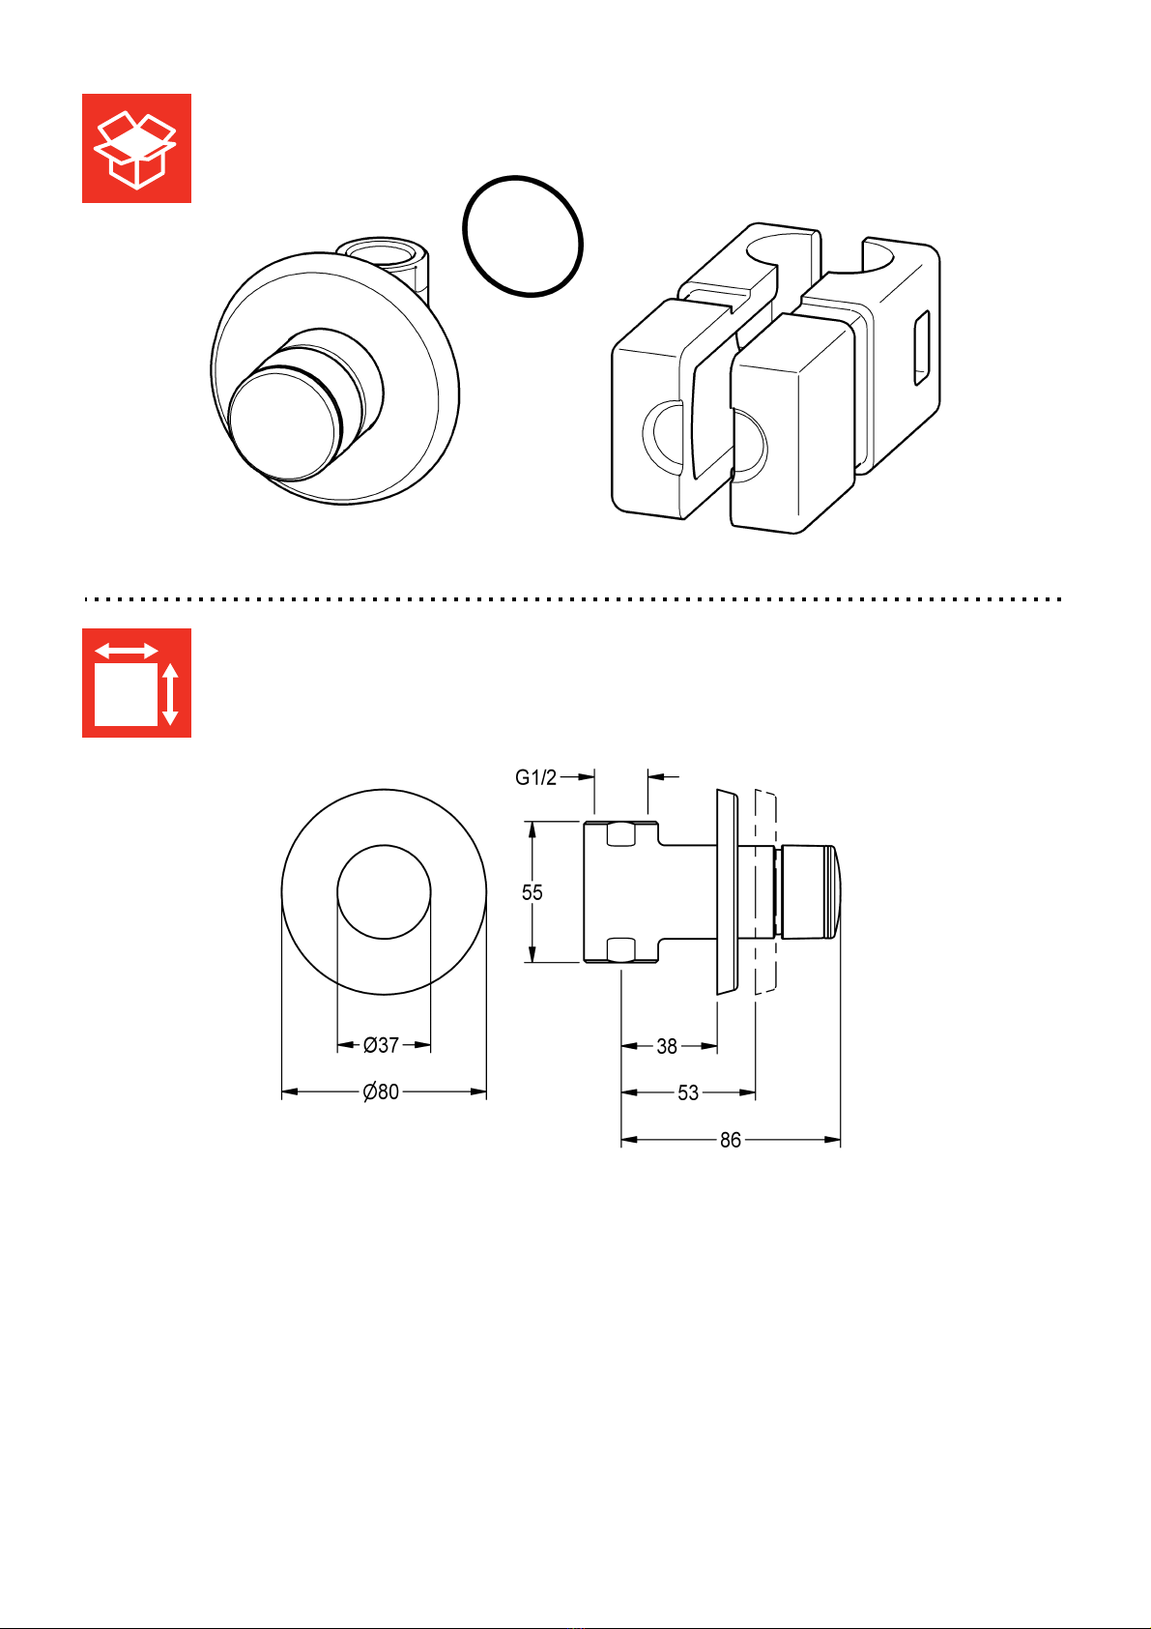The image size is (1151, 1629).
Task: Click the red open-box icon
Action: tap(136, 148)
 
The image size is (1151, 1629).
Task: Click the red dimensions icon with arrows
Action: tap(136, 683)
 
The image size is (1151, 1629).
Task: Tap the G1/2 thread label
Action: tap(535, 777)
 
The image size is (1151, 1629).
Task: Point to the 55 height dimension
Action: tap(532, 892)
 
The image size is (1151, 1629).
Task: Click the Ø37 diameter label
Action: tap(381, 1045)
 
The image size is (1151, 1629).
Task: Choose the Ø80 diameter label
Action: tap(381, 1091)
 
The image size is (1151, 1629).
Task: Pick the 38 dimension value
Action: tap(667, 1046)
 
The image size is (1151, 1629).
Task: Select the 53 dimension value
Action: tap(688, 1093)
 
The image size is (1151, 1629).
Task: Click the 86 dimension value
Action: tap(731, 1141)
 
